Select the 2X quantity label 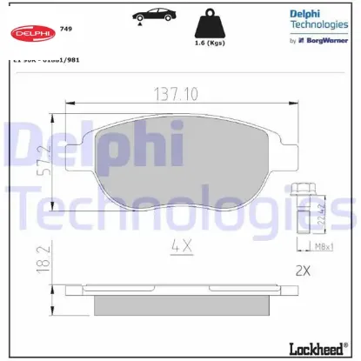pos(302,271)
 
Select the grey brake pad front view pos(187,161)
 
